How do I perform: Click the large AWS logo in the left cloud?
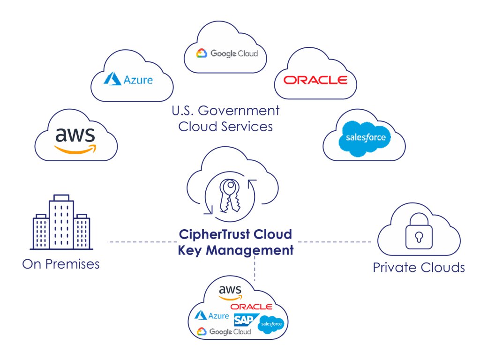[x=75, y=138]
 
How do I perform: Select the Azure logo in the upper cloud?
[x=128, y=80]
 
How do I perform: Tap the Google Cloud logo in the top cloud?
[x=227, y=53]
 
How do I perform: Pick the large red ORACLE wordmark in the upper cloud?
[x=315, y=80]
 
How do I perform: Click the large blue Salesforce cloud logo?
[x=365, y=137]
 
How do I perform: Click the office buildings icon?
[x=61, y=222]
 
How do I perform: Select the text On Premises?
[x=61, y=264]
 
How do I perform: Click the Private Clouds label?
[x=419, y=268]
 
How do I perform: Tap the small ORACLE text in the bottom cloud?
[x=251, y=307]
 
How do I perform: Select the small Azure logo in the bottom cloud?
[x=212, y=316]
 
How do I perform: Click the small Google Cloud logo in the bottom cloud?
[x=224, y=331]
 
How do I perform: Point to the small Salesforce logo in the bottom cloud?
[x=271, y=324]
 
